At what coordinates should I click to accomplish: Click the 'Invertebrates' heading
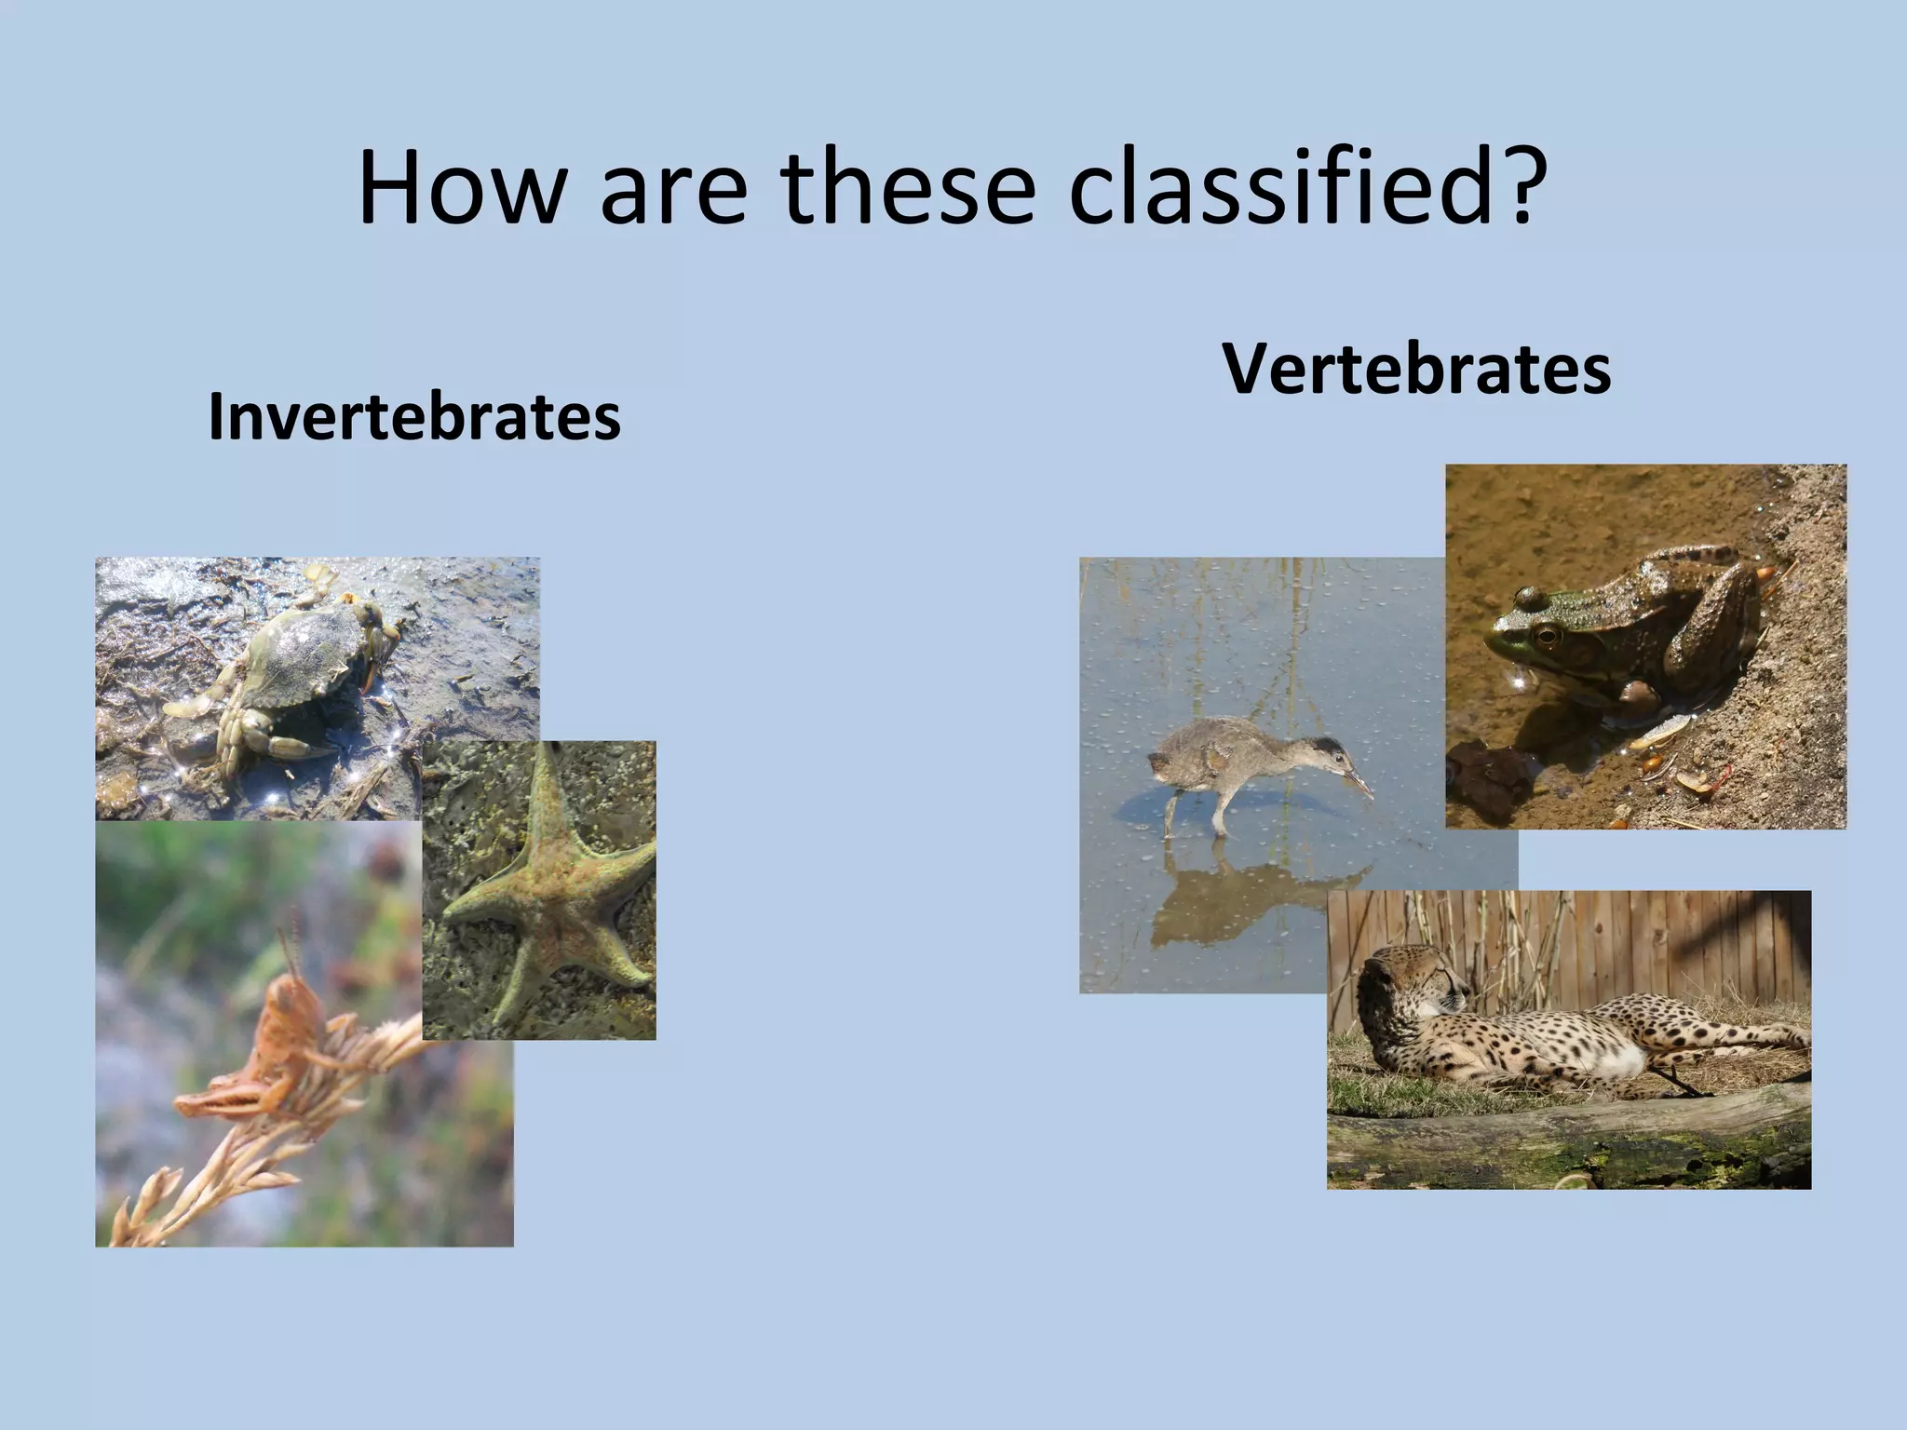(x=414, y=416)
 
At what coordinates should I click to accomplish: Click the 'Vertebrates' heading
(x=1416, y=370)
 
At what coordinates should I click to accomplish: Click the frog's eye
(x=1547, y=636)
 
